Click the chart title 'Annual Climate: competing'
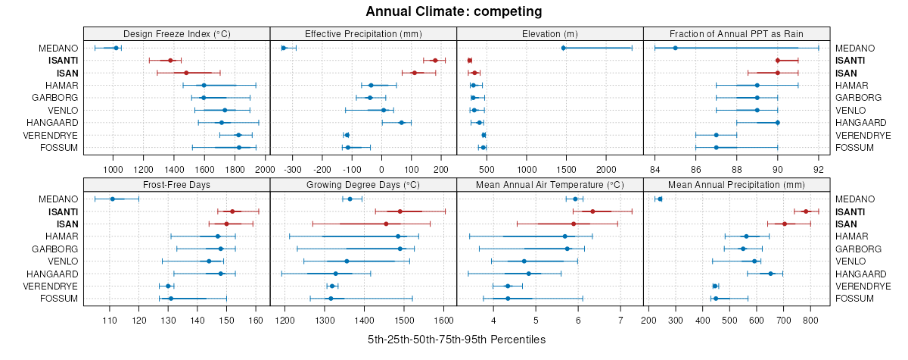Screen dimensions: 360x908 pos(454,11)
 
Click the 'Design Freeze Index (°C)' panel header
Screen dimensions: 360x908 pos(177,33)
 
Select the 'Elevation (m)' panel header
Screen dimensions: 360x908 pos(550,33)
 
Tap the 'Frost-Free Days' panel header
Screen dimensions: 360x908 pos(177,184)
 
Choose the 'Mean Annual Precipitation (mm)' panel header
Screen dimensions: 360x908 pos(737,184)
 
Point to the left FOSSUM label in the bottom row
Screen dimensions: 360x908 pos(59,299)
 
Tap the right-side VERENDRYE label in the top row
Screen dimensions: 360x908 pos(863,135)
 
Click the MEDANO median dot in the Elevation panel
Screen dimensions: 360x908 pos(564,48)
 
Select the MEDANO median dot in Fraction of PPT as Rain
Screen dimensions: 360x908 pos(675,48)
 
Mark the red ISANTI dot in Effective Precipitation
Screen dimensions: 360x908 pos(435,61)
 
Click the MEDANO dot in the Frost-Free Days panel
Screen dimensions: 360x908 pos(113,199)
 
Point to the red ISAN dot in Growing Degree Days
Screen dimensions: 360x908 pos(386,224)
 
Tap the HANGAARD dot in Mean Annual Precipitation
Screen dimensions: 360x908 pos(771,274)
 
